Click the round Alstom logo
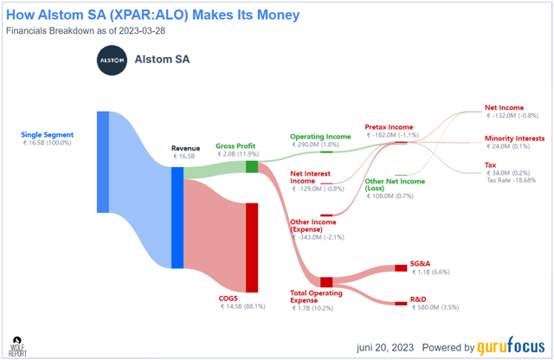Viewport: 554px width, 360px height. (x=110, y=61)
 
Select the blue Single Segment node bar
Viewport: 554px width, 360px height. (x=102, y=162)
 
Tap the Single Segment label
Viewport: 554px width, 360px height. (x=48, y=135)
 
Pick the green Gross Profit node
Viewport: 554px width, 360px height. (x=252, y=166)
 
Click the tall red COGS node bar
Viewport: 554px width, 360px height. (x=252, y=247)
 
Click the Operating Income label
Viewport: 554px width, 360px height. (x=320, y=136)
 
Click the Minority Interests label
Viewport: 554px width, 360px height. (x=515, y=138)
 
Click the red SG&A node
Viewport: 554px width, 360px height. (x=401, y=267)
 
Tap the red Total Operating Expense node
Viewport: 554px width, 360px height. (x=326, y=281)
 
